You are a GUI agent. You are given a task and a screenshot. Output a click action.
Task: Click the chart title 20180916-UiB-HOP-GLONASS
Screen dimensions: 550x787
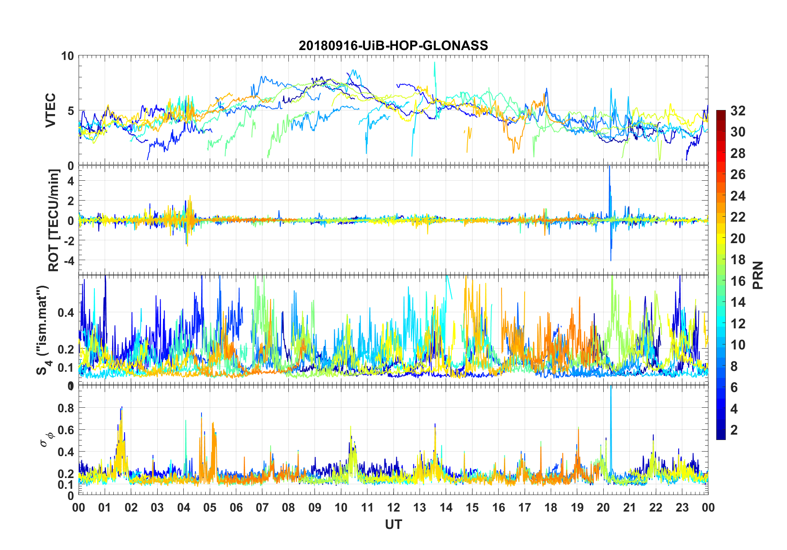(x=393, y=45)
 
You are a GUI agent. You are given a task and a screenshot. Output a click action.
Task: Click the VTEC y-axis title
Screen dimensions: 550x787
(x=50, y=110)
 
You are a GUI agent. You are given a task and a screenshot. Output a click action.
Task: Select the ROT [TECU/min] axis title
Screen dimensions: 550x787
(x=54, y=220)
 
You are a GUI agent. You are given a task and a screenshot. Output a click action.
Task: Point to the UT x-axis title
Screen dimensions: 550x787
(x=393, y=524)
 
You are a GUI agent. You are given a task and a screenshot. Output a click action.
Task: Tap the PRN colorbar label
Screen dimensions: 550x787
(x=758, y=275)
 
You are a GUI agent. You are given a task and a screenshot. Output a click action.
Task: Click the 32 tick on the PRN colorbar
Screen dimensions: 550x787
(x=738, y=111)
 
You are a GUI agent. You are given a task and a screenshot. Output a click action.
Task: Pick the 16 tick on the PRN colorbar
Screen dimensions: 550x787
(x=738, y=281)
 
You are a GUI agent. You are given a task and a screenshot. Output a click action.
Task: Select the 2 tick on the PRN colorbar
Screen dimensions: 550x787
(x=734, y=430)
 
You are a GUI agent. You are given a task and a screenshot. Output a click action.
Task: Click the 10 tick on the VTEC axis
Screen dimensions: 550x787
(x=67, y=56)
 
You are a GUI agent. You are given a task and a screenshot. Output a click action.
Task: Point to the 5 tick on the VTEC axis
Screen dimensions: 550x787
(x=70, y=111)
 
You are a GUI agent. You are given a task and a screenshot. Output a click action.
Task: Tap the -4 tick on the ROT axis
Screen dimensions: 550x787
(x=69, y=261)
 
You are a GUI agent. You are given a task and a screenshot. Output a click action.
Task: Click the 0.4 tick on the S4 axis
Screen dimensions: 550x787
(x=66, y=312)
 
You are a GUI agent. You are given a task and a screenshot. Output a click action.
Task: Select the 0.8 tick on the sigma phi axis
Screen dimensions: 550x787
(x=66, y=408)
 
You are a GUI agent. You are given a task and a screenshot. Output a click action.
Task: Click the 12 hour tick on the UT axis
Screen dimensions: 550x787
(x=393, y=507)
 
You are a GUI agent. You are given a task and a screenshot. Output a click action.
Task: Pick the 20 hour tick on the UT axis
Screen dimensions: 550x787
(x=603, y=507)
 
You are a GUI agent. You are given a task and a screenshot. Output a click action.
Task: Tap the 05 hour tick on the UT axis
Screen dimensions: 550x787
(x=210, y=507)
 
